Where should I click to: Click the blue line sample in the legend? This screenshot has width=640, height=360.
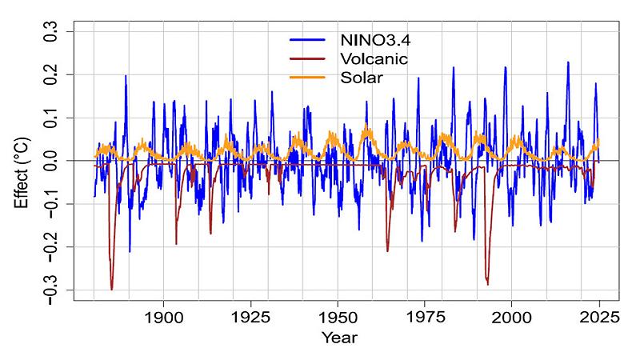pos(309,39)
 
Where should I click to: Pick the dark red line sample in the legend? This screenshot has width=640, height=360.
pos(309,58)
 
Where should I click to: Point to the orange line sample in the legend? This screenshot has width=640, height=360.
pos(309,78)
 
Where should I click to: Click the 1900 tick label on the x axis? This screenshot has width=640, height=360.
pos(164,316)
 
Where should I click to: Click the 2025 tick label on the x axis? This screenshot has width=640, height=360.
pos(598,316)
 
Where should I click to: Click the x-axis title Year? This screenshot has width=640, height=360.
pos(339,338)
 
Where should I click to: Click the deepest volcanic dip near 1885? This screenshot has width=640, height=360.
pos(112,288)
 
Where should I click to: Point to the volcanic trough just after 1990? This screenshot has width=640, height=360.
pos(487,282)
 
